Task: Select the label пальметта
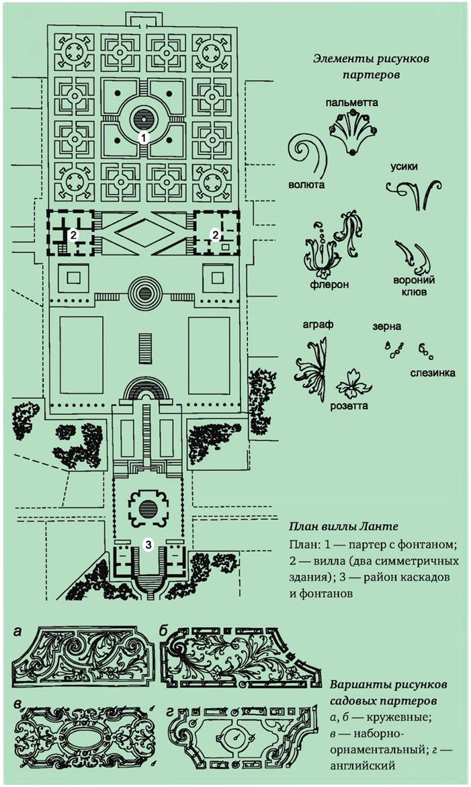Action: (x=351, y=103)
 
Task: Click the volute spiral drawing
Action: (x=307, y=155)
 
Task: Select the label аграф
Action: (x=318, y=325)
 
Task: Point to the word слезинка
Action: (x=431, y=372)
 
